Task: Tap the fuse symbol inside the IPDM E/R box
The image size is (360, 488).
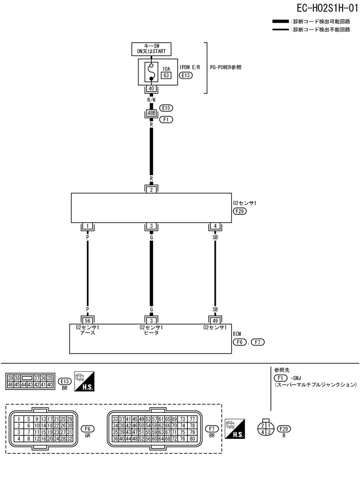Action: click(150, 73)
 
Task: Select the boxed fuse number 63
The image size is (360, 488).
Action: click(167, 76)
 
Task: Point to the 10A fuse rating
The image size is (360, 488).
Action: click(167, 68)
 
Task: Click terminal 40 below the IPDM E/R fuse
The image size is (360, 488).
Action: click(151, 89)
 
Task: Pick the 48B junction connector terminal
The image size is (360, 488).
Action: click(151, 114)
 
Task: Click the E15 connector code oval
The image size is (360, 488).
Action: click(166, 108)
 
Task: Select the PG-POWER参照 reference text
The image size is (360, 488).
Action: click(226, 67)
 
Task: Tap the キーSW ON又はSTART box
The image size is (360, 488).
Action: click(151, 49)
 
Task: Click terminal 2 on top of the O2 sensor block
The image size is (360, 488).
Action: click(151, 189)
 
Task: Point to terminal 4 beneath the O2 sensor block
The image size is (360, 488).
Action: click(215, 226)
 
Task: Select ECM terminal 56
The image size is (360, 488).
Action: click(88, 320)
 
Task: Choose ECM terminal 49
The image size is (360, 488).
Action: click(215, 320)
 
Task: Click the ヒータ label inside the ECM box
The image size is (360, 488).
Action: click(151, 333)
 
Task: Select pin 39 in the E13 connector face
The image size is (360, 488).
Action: click(10, 378)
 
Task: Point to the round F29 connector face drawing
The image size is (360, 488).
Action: click(265, 429)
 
